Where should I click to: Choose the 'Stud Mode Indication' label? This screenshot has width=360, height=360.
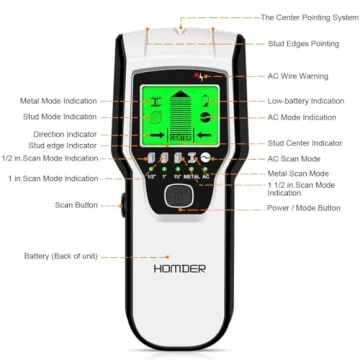pos(57,117)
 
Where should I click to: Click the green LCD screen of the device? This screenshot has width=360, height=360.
pos(180,115)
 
